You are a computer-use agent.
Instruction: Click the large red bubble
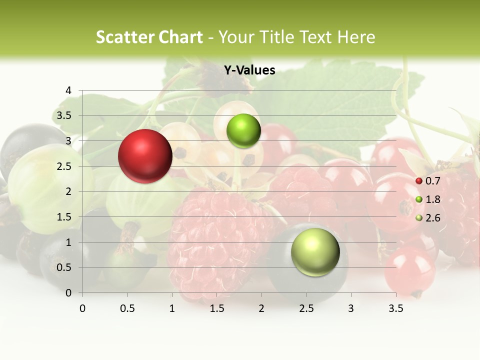coord(145,156)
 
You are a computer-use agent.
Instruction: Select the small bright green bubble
coord(243,131)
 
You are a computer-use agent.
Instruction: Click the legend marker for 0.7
coord(419,181)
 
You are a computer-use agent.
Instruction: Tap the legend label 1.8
coord(432,199)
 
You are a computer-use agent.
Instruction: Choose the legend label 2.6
coord(432,218)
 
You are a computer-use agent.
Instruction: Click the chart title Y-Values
coord(249,70)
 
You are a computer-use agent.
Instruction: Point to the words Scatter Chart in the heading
coord(149,37)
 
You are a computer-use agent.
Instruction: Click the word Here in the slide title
coord(355,37)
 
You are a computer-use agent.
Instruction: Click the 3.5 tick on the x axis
coord(396,308)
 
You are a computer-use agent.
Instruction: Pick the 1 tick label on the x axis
coord(172,308)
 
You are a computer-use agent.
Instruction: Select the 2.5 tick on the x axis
coord(306,308)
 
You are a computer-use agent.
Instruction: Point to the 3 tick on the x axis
coord(351,308)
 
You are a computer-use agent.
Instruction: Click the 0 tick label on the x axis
coord(82,308)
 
